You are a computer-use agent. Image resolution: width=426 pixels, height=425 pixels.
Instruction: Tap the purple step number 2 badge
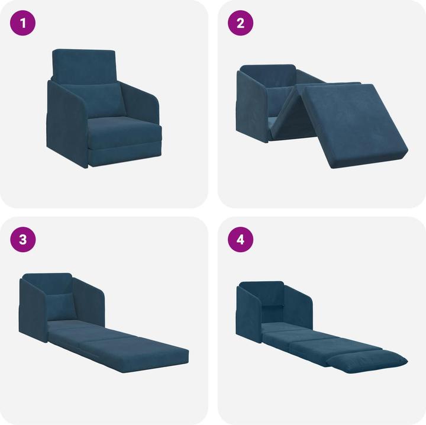point(241,24)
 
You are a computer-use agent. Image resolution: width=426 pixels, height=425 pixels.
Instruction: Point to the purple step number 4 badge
point(241,240)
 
